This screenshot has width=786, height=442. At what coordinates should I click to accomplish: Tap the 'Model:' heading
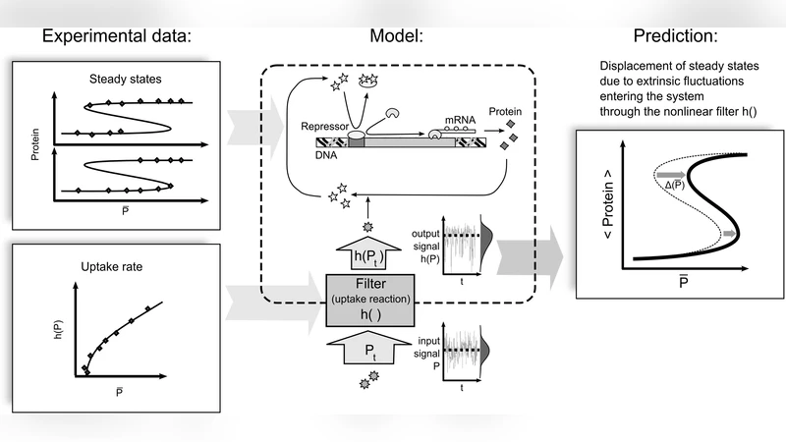pos(396,36)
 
